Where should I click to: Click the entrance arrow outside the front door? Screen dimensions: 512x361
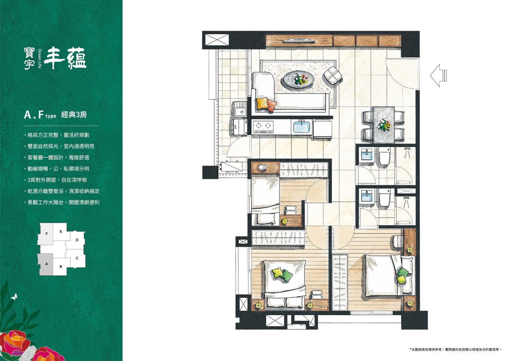pyautogui.click(x=438, y=75)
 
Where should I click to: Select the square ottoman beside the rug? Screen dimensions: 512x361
pyautogui.click(x=332, y=76)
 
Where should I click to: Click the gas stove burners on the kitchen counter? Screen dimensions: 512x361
pyautogui.click(x=263, y=126)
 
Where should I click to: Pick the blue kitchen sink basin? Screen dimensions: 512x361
pyautogui.click(x=302, y=127)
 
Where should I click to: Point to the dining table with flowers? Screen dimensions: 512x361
pyautogui.click(x=384, y=125)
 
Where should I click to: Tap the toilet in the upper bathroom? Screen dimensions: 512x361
pyautogui.click(x=384, y=156)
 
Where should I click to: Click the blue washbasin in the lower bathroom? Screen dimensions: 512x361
pyautogui.click(x=367, y=196)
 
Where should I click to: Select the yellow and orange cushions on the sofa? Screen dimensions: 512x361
pyautogui.click(x=266, y=104)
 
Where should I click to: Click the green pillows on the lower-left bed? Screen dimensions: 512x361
pyautogui.click(x=282, y=274)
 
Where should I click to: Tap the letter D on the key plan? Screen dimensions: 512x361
pyautogui.click(x=77, y=240)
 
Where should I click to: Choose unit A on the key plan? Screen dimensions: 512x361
pyautogui.click(x=46, y=264)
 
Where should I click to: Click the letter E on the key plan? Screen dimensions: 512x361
pyautogui.click(x=61, y=232)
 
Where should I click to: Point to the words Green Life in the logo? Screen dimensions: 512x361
pyautogui.click(x=40, y=59)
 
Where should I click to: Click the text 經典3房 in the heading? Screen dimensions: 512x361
pyautogui.click(x=74, y=114)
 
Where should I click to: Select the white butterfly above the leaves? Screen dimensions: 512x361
pyautogui.click(x=14, y=296)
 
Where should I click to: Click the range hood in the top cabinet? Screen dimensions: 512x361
pyautogui.click(x=299, y=41)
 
